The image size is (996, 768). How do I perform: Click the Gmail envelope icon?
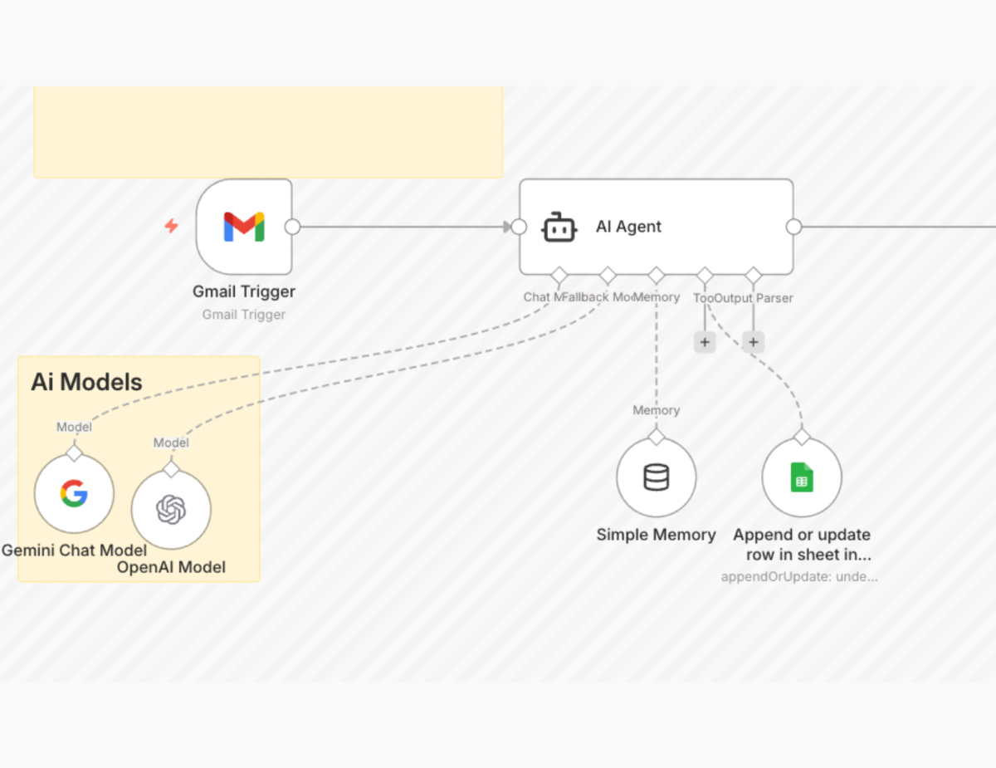[244, 227]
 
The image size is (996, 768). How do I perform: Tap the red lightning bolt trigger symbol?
[171, 226]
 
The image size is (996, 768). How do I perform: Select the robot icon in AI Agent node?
[559, 227]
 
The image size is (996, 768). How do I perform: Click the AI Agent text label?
[628, 227]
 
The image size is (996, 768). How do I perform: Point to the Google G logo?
[74, 494]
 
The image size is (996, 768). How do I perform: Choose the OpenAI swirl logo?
[171, 509]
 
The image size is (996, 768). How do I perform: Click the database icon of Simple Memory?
[656, 477]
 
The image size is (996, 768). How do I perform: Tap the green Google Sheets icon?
[802, 477]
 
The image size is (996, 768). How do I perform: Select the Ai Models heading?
[86, 382]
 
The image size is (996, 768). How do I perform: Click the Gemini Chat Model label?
[74, 550]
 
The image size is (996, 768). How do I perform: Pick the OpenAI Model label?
[171, 567]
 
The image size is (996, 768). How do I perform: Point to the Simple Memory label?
[656, 535]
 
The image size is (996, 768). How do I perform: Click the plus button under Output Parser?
[753, 342]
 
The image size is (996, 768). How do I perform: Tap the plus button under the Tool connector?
[705, 342]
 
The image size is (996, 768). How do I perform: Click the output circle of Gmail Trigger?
[292, 227]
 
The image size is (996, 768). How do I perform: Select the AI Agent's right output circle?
[793, 227]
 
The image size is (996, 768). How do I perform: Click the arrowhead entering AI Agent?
[506, 227]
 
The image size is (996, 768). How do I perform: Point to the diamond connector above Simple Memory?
[657, 437]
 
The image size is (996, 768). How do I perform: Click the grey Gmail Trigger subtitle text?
[244, 315]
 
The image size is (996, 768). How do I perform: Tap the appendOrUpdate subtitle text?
[799, 576]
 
